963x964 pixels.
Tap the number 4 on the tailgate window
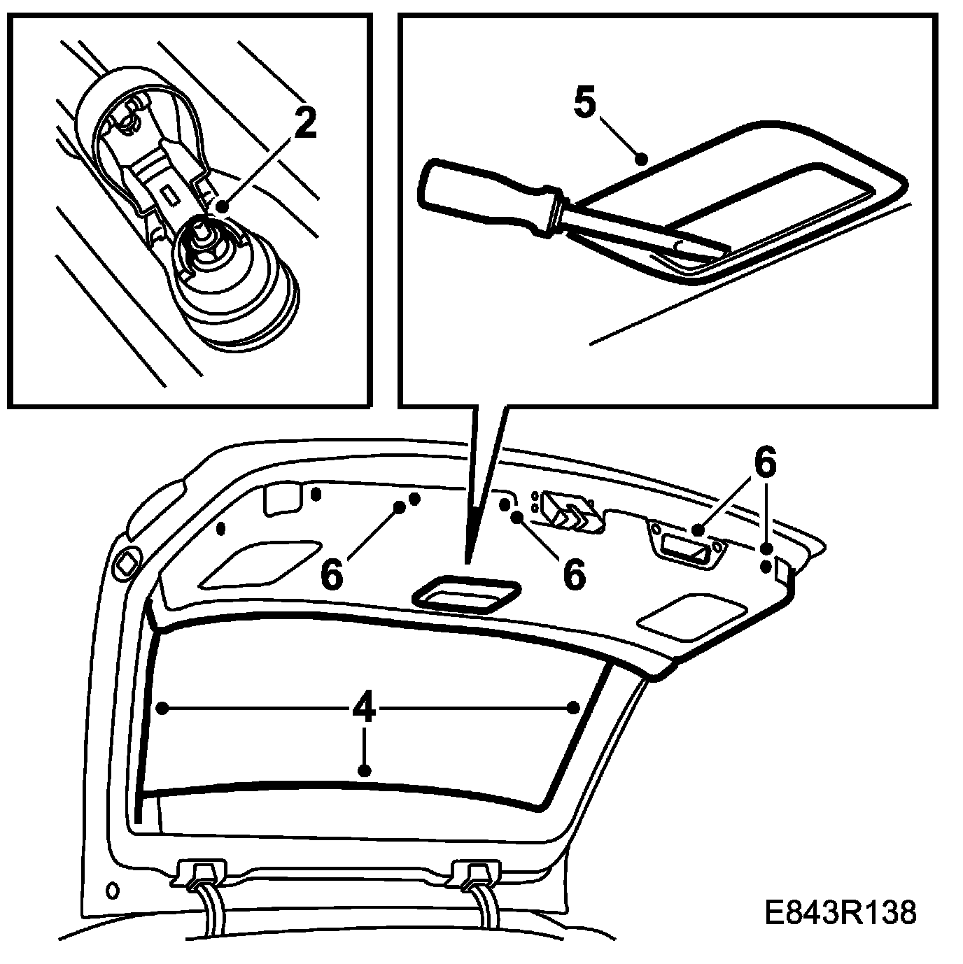tap(363, 709)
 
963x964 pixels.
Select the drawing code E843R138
tap(840, 914)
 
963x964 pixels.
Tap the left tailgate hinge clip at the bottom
tap(203, 875)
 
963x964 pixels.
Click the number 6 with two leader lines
tap(765, 464)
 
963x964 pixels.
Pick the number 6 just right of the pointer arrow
tap(573, 574)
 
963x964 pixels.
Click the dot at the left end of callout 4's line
tap(162, 709)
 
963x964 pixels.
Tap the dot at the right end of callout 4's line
tap(573, 708)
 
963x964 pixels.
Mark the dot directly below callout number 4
tap(364, 771)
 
